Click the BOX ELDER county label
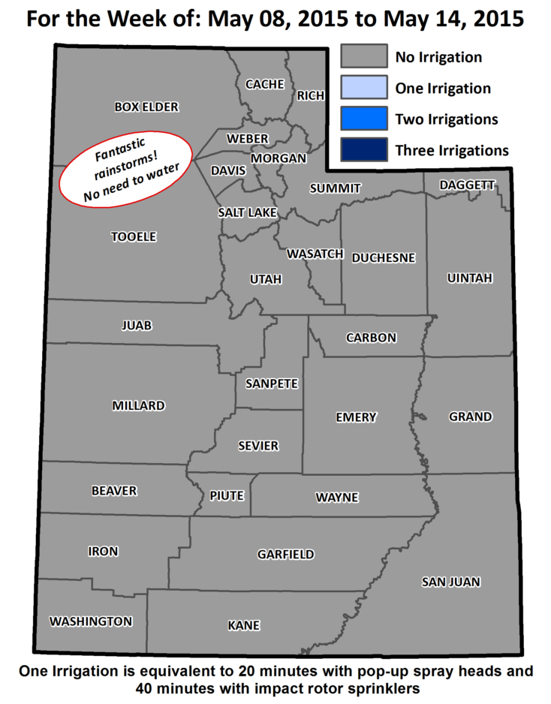coord(146,107)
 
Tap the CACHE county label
coord(265,84)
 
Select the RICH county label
coord(310,95)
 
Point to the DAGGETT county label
coord(467,185)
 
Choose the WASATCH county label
coord(315,254)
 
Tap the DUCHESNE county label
coord(383,257)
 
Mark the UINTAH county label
coord(469,278)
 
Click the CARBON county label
coord(371,338)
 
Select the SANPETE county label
coord(272,384)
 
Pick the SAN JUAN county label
coord(450,582)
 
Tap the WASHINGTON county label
coord(91,621)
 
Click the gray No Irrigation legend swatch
coord(363,56)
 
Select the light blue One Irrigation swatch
coord(363,88)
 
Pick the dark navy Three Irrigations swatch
coord(363,150)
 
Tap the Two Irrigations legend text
coord(447,119)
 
